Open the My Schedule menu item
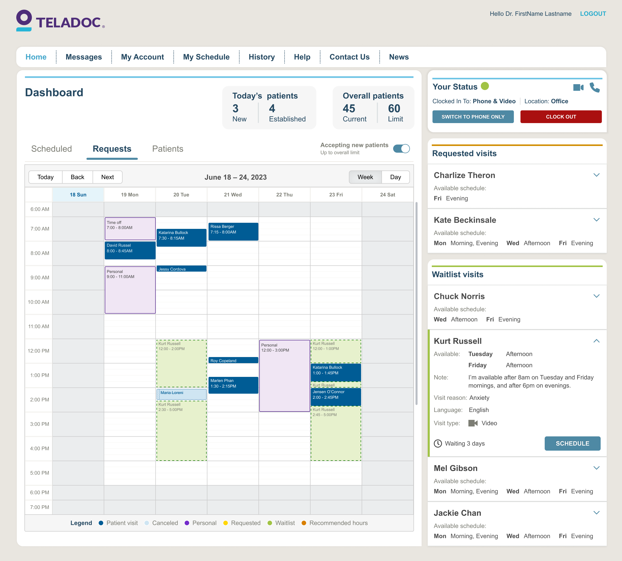click(206, 57)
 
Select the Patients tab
click(168, 149)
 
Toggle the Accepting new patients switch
click(401, 149)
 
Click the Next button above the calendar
click(107, 177)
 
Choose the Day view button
click(395, 177)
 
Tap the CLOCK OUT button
click(561, 117)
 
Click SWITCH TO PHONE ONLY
click(473, 117)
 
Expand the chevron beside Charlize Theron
click(596, 175)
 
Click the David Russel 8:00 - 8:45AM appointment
click(130, 250)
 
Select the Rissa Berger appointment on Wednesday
click(233, 231)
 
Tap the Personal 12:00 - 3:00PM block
click(285, 375)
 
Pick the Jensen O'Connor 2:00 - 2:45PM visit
click(336, 397)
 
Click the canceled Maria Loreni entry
click(182, 394)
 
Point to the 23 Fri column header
click(336, 195)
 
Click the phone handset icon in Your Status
click(594, 88)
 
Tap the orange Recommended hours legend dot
click(304, 523)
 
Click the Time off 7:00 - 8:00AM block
click(130, 228)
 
